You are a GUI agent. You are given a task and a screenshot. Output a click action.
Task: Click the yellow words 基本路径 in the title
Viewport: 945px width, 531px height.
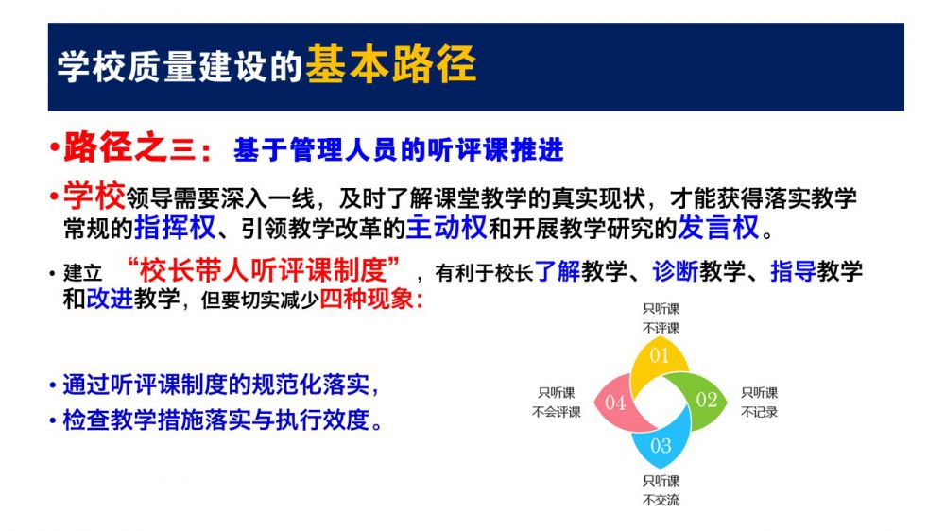pos(391,64)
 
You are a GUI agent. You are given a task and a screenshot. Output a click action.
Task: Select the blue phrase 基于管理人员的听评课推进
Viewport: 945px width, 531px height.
pos(399,149)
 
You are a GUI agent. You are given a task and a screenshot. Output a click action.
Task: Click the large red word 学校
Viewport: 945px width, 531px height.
pos(94,196)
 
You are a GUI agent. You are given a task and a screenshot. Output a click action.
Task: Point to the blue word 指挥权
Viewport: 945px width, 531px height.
pos(175,227)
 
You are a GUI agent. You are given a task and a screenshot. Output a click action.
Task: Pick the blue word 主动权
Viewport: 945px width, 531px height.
pos(447,227)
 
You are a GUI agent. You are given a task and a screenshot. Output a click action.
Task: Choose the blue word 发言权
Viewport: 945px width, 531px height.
pos(718,227)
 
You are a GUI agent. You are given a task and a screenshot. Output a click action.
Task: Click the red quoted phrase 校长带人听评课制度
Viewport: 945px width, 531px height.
pos(264,270)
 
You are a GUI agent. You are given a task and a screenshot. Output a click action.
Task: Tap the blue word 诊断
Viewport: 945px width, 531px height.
pos(675,271)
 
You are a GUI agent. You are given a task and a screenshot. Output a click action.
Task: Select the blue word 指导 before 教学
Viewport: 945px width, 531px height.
pos(793,271)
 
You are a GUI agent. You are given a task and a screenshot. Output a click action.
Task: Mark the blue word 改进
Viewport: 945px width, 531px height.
pos(110,299)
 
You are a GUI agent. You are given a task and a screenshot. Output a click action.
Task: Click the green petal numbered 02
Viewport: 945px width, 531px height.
pos(699,401)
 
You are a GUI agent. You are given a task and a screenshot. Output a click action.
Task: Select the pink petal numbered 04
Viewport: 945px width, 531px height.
pos(621,403)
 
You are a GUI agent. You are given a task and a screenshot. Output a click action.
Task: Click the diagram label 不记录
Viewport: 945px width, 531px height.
pos(760,412)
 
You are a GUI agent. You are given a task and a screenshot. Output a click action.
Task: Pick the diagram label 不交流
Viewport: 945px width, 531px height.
pos(661,500)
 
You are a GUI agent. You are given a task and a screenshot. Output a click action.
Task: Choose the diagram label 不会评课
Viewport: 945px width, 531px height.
pos(557,412)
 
